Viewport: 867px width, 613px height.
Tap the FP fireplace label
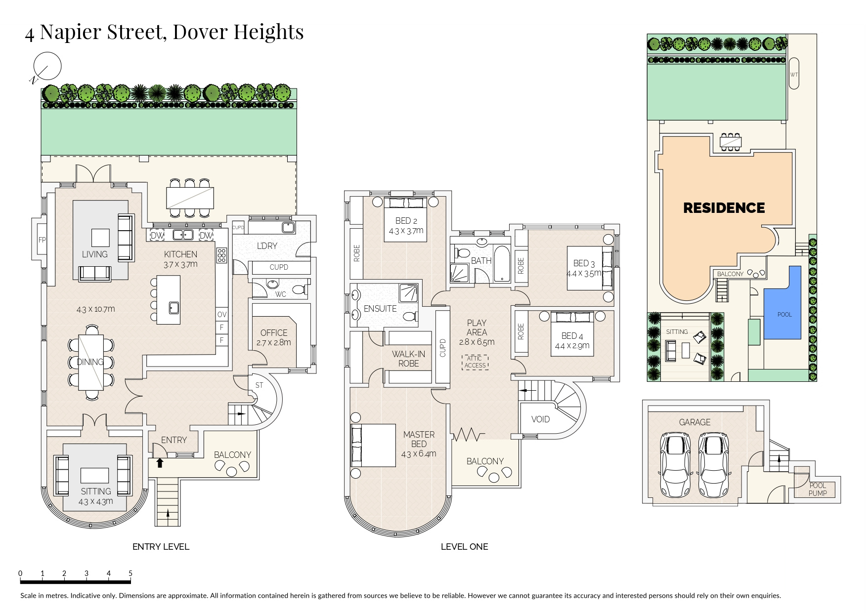coord(42,240)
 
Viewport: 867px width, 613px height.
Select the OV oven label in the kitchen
coord(222,314)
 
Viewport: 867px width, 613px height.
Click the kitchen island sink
coord(173,308)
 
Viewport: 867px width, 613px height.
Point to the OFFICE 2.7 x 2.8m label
coord(274,337)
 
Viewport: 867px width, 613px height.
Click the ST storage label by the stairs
coord(259,385)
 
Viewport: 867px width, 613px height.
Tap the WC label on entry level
coord(280,294)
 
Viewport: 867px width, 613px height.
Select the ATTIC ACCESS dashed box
coord(475,362)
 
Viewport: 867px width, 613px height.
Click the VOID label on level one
coord(540,419)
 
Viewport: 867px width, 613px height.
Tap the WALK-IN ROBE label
coord(408,359)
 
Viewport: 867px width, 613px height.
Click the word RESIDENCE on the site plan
coord(724,208)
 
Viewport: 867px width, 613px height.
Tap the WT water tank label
coord(794,75)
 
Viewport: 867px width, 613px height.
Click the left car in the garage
coord(676,464)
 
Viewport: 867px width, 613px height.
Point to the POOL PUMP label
coord(818,489)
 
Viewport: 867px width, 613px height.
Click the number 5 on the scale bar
coord(130,573)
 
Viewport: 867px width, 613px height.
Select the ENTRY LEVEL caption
coord(161,546)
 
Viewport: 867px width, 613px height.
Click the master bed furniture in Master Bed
coord(373,445)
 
